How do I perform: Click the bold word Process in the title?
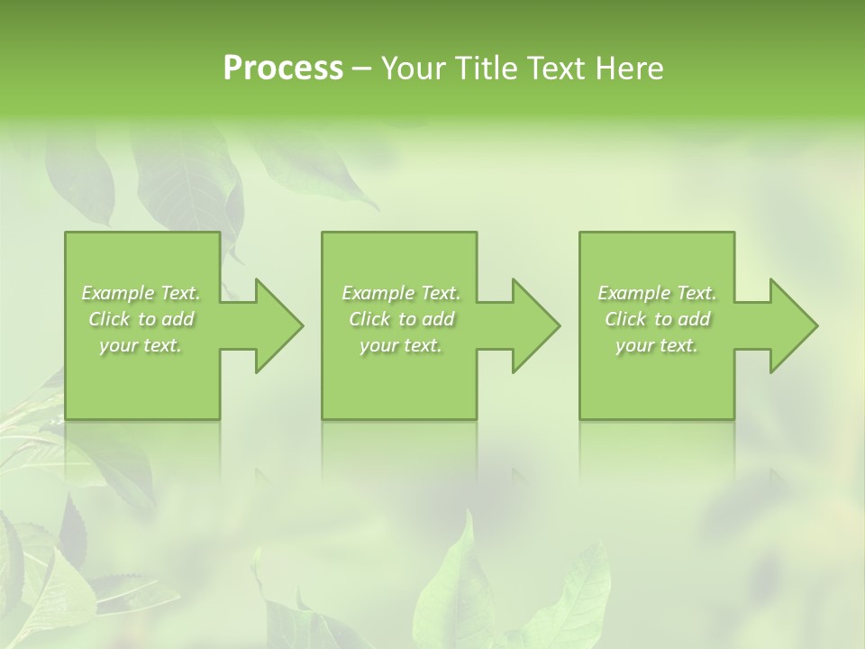283,69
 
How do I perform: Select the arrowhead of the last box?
792,325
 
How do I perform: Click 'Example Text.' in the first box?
141,293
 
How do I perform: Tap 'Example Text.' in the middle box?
401,293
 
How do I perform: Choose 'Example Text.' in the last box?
657,293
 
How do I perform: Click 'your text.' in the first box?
141,345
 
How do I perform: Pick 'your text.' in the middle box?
401,345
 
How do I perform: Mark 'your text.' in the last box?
657,345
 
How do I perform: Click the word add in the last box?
694,319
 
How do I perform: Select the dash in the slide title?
362,69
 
